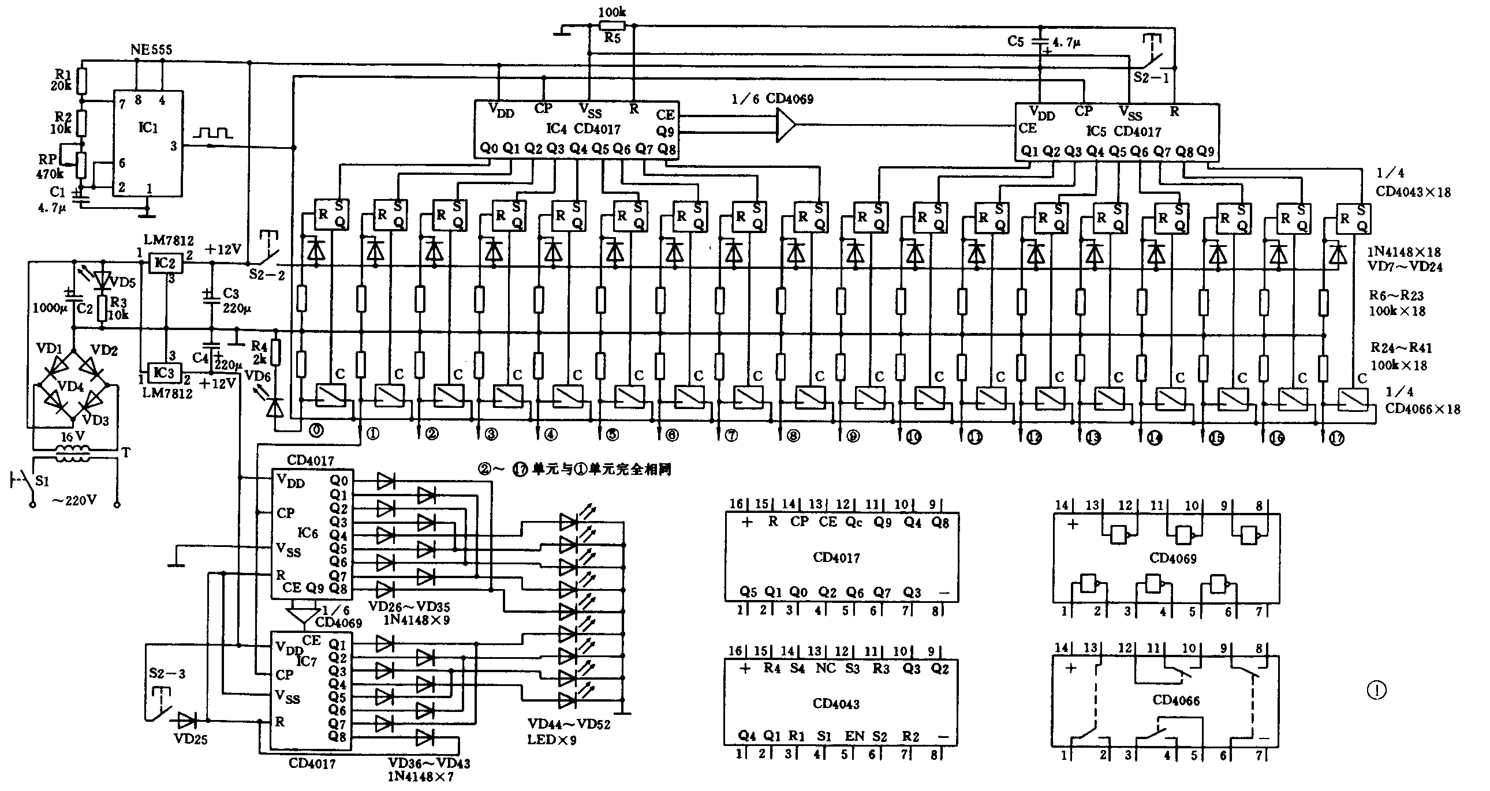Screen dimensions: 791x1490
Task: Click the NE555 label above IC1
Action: tap(151, 50)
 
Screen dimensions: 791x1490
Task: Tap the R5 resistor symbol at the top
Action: tap(612, 25)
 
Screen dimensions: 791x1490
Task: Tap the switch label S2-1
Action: tap(1151, 77)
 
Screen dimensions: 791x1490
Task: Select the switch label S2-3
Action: tap(167, 674)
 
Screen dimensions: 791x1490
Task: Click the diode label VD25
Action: tap(191, 739)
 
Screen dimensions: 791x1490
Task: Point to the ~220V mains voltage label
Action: tap(74, 501)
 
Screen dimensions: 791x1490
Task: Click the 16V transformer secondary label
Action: tap(73, 437)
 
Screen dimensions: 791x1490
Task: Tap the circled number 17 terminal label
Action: tap(1336, 439)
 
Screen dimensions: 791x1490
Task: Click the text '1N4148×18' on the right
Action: tap(1404, 252)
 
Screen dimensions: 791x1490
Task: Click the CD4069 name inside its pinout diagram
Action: tap(1172, 558)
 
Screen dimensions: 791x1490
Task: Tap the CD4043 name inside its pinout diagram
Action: tap(836, 704)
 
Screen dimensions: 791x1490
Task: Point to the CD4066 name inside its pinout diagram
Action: tap(1176, 700)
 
